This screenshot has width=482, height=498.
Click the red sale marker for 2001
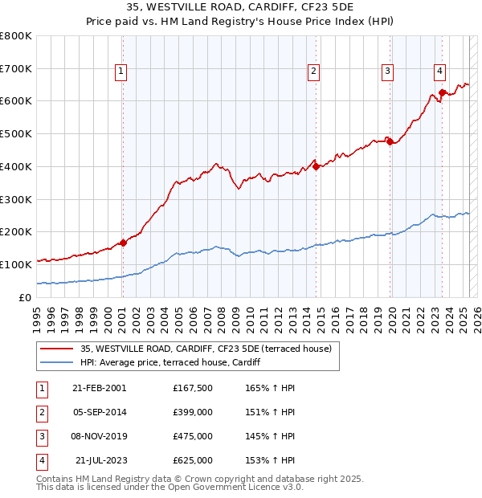pyautogui.click(x=123, y=243)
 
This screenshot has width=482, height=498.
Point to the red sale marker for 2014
pyautogui.click(x=316, y=167)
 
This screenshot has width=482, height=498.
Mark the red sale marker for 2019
pyautogui.click(x=390, y=142)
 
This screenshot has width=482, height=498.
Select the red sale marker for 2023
pyautogui.click(x=442, y=93)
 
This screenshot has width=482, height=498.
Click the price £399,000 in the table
pyautogui.click(x=192, y=412)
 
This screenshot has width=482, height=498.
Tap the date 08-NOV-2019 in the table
pyautogui.click(x=99, y=436)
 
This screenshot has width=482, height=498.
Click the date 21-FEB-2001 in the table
pyautogui.click(x=99, y=388)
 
